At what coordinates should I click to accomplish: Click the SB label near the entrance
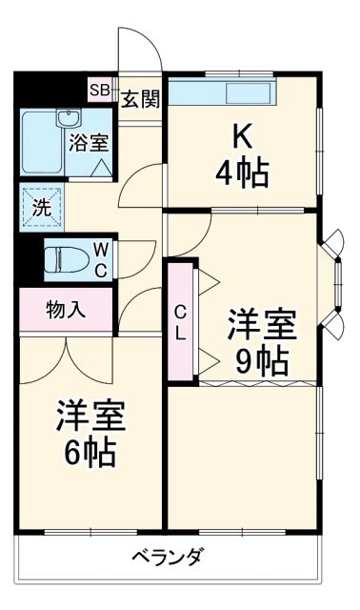pos(99,91)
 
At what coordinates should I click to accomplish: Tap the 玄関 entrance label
pos(139,95)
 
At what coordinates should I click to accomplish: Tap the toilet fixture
pos(65,258)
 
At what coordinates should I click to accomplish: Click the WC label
pos(100,258)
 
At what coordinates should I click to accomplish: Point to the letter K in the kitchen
pos(242,137)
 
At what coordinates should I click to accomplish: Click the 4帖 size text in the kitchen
pos(241,174)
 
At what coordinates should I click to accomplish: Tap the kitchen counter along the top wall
pos(223,93)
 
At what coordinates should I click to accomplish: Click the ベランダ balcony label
pos(167,557)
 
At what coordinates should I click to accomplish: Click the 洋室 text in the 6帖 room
pos(90,416)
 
